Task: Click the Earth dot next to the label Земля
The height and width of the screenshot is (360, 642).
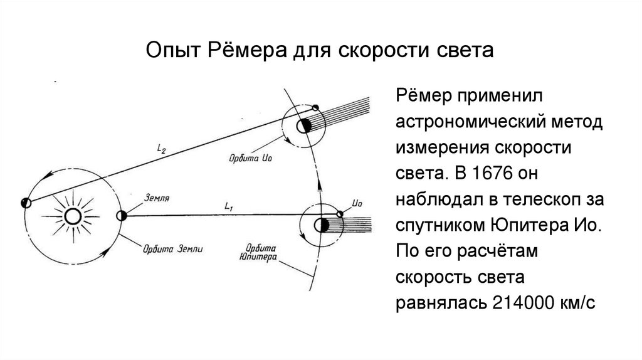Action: click(122, 215)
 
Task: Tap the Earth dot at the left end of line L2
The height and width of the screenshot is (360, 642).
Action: click(26, 203)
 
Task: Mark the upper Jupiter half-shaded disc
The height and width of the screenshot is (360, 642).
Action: click(304, 125)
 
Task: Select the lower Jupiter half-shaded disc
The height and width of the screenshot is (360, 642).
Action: click(321, 225)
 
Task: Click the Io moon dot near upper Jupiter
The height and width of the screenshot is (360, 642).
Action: click(315, 107)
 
